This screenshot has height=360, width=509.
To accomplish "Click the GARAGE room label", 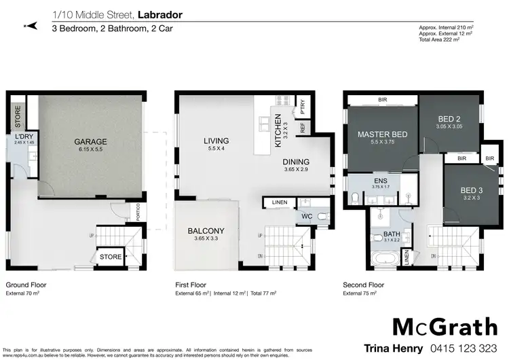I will point(90,142).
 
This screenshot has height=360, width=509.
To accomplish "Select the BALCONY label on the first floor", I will point(206,231).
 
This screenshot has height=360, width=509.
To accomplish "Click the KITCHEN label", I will point(278,130).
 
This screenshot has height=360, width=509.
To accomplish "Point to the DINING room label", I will point(296,162).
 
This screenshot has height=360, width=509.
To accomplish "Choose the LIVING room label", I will point(217,141).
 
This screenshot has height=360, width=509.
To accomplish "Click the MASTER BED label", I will point(382,134).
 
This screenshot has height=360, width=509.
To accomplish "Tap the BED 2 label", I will point(449,120).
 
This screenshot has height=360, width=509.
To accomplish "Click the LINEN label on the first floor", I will point(278,202).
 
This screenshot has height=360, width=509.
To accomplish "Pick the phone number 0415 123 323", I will point(462,346).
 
